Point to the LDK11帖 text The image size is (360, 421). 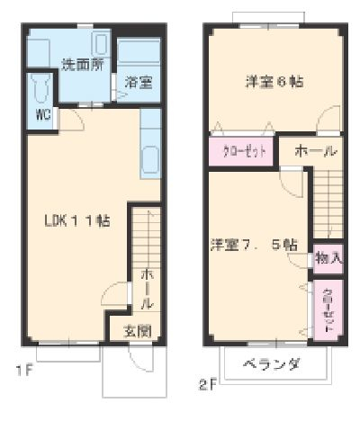(x=78, y=220)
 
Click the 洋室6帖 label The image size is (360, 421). (x=274, y=82)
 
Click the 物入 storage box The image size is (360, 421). (x=328, y=258)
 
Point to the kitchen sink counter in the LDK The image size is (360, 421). (x=149, y=144)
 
